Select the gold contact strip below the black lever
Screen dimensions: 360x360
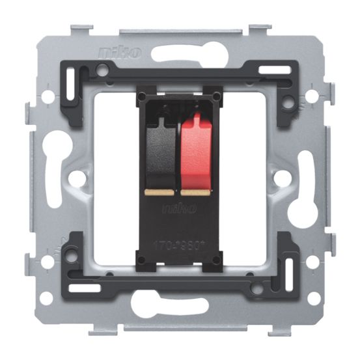[159, 193]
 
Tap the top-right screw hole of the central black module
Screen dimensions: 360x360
[216, 98]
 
